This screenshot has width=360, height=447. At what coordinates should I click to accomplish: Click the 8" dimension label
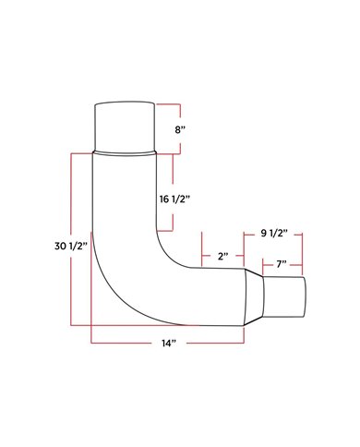coord(180,129)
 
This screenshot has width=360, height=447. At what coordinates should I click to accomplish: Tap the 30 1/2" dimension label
coord(71,246)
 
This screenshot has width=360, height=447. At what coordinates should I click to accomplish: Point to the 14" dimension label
coord(169,343)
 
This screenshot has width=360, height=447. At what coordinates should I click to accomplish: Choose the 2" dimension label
coord(223,256)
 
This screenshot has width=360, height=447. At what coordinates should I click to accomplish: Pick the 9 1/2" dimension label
coord(274,234)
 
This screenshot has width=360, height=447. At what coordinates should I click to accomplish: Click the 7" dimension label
coord(282,264)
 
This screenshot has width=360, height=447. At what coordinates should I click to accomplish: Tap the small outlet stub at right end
coord(283,296)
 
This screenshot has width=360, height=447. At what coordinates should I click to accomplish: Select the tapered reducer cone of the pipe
coord(254,296)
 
